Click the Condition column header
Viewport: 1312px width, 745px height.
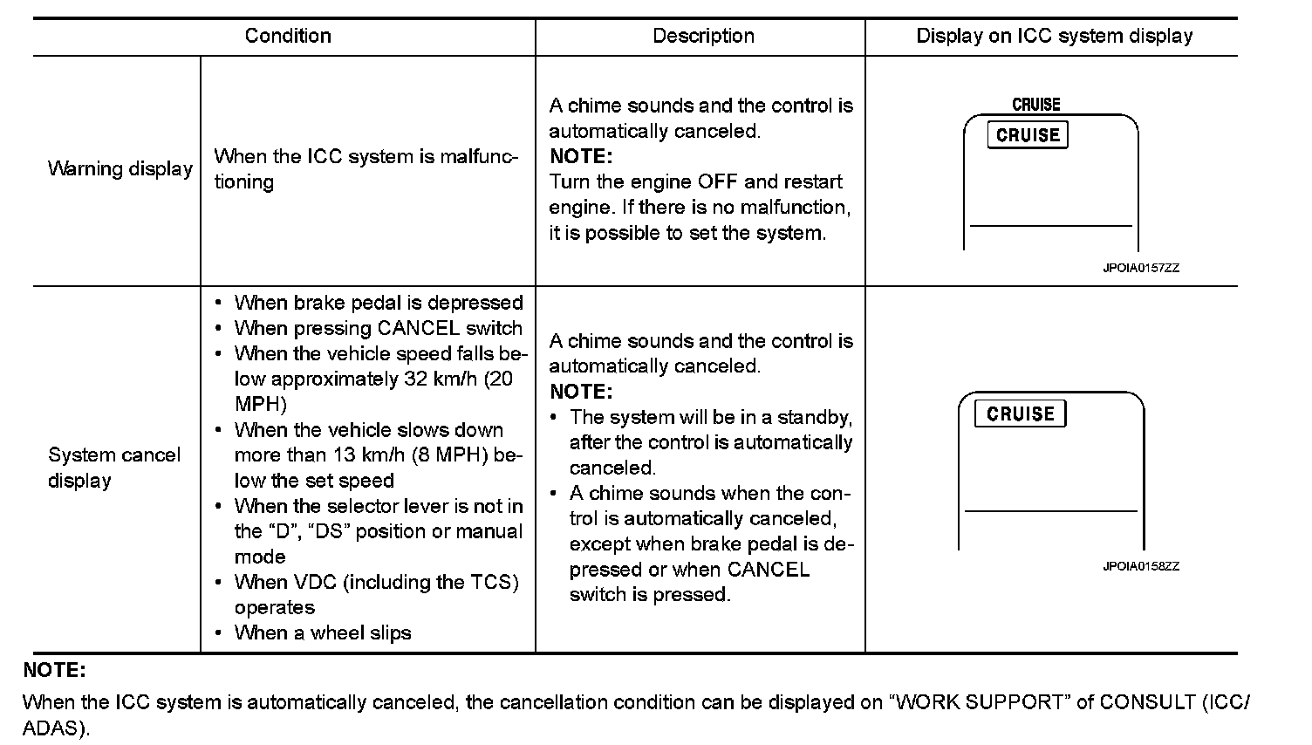[288, 36]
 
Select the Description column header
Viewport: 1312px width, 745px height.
[703, 36]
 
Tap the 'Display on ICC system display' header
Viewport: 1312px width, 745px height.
[1054, 36]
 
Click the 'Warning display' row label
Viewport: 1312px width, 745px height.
[120, 168]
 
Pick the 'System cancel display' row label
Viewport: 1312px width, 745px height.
[113, 468]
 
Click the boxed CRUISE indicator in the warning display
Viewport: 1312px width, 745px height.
[1027, 135]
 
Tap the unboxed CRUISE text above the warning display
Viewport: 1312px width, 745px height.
[1035, 105]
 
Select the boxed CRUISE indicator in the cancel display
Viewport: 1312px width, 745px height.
[1020, 414]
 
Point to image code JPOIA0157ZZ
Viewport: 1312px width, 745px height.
[1140, 268]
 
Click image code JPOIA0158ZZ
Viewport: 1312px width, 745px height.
[1140, 566]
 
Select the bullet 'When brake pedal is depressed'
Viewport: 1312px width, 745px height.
[378, 303]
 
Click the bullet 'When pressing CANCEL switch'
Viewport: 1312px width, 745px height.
[378, 328]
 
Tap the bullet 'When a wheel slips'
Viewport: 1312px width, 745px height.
[322, 632]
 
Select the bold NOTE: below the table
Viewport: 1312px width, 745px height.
[54, 670]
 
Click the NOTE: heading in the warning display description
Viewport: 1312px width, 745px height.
[581, 156]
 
